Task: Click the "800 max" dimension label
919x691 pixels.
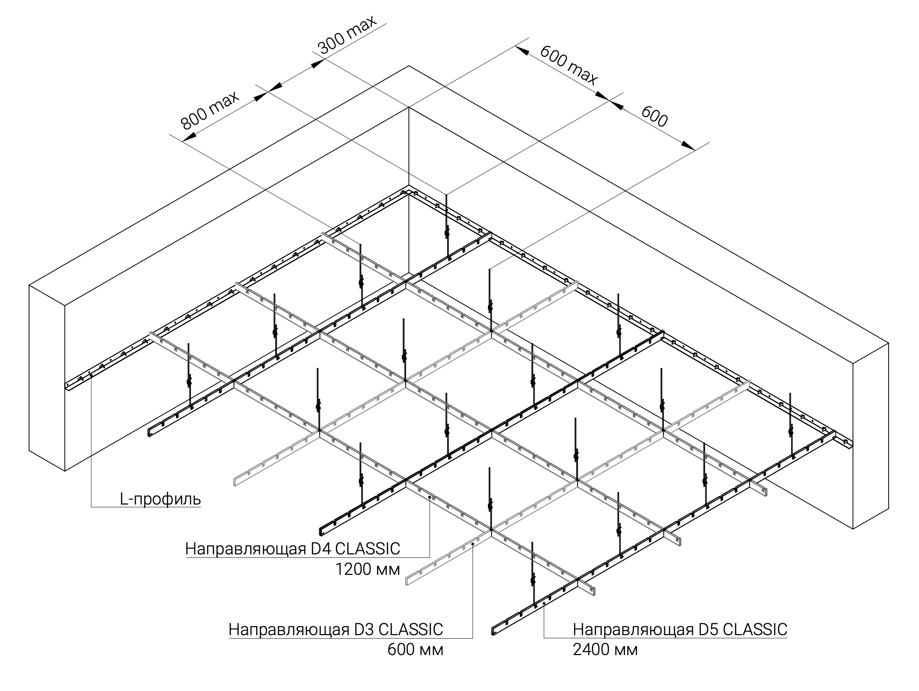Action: click(210, 110)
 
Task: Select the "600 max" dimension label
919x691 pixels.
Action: click(569, 65)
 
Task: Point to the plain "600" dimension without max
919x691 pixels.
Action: click(654, 117)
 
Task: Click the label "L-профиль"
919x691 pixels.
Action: click(160, 499)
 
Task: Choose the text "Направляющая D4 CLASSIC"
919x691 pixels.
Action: click(293, 549)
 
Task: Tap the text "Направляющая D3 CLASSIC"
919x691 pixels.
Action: click(335, 629)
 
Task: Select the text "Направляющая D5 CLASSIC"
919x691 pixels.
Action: click(680, 629)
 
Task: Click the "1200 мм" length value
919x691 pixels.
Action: click(368, 569)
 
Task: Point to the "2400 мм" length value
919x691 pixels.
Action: click(605, 650)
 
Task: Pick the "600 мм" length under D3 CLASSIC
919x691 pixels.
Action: click(415, 650)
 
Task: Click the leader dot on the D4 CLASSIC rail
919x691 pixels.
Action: click(430, 498)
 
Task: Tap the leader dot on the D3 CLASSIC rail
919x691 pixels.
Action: click(472, 545)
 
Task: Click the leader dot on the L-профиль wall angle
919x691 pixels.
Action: click(91, 376)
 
